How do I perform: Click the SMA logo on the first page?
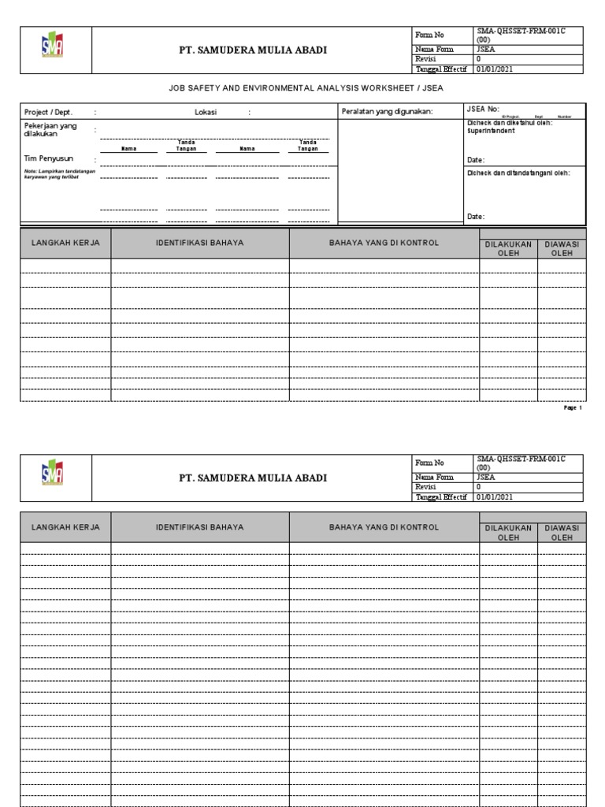point(54,49)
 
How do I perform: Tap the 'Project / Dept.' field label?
point(49,113)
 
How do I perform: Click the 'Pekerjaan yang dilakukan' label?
point(51,129)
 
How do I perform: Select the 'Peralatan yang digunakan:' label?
point(387,112)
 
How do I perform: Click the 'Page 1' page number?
point(573,408)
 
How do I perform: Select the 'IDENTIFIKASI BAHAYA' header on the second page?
point(200,526)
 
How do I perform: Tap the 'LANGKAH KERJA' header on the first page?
point(65,243)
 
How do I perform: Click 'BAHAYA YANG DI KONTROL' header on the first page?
point(384,243)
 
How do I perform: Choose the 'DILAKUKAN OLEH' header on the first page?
point(508,248)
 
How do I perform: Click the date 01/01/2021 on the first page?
point(495,69)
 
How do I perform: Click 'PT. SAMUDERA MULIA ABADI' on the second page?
point(252,478)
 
